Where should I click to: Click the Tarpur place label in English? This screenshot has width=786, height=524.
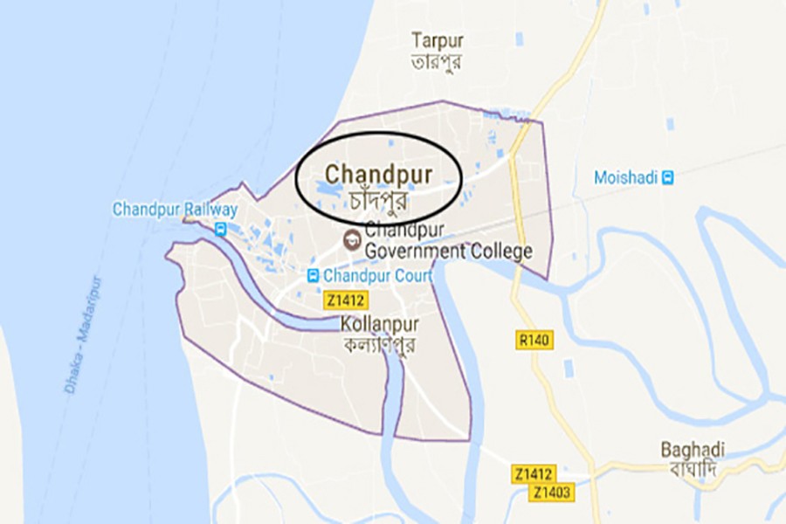tap(438, 41)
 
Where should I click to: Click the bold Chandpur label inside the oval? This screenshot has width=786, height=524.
tap(379, 174)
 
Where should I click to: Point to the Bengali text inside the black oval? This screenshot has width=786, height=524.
tap(379, 198)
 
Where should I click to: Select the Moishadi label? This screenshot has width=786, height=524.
tap(625, 177)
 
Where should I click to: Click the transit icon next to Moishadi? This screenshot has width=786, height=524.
tap(668, 177)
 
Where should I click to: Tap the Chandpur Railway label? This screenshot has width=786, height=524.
tap(175, 210)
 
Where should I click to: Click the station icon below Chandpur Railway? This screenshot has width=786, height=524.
tap(221, 230)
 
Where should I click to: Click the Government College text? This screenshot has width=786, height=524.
tap(449, 252)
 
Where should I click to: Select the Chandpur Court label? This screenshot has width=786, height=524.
tap(378, 276)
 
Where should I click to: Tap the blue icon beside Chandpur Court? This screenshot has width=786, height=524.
tap(313, 276)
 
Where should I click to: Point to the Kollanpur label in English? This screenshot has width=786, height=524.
tap(380, 324)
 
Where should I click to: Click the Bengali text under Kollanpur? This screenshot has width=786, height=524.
tap(380, 343)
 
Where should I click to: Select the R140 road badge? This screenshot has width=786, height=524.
tap(534, 340)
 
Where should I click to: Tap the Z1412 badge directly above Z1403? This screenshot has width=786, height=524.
tap(533, 474)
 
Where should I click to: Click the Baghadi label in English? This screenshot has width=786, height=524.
tap(693, 450)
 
